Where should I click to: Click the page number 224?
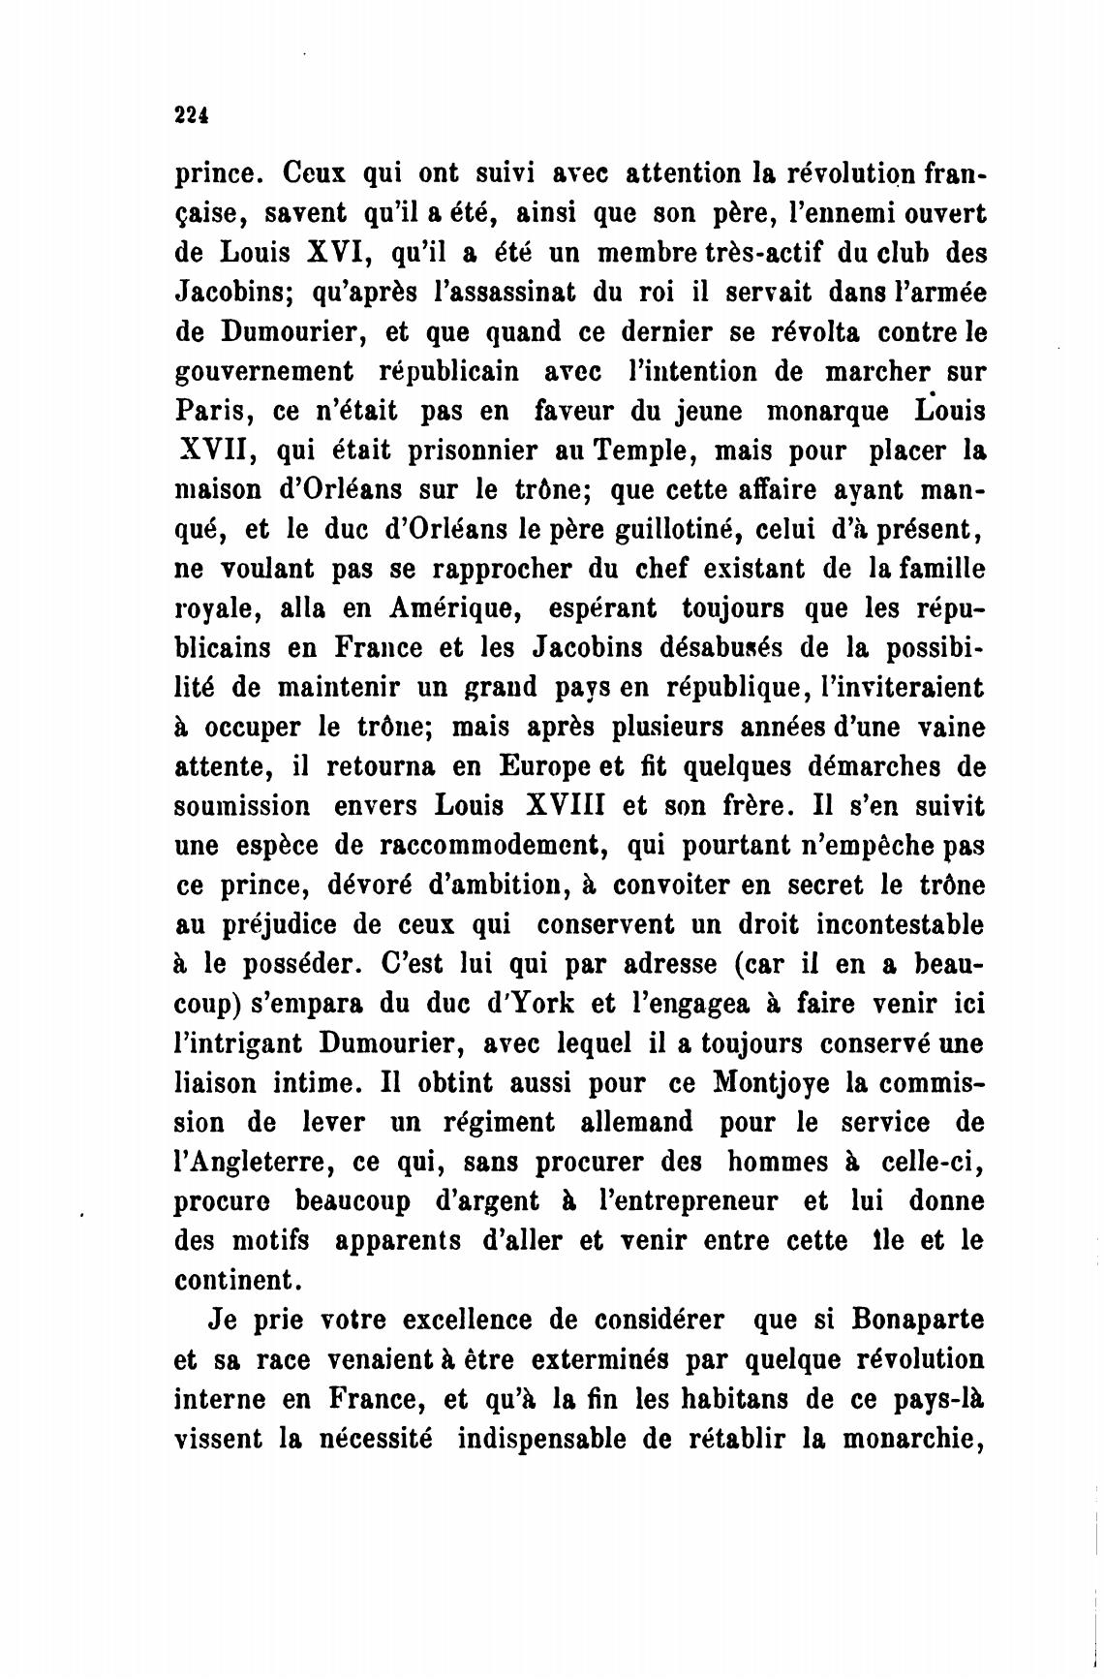coord(192,114)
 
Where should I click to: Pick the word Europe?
coord(547,767)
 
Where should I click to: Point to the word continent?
coord(236,1281)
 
